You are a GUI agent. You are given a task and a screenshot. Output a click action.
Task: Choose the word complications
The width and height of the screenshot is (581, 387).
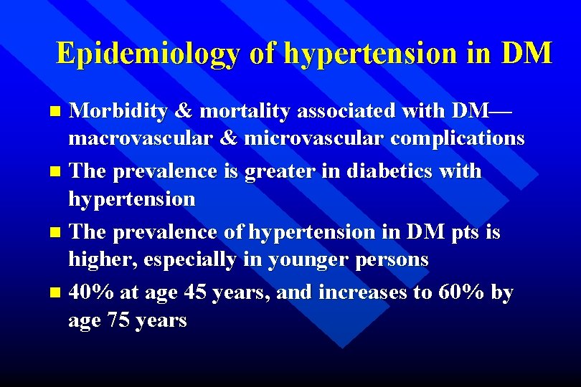[x=458, y=138]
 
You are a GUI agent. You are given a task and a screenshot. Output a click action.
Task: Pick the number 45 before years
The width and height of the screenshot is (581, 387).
[x=196, y=293]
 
